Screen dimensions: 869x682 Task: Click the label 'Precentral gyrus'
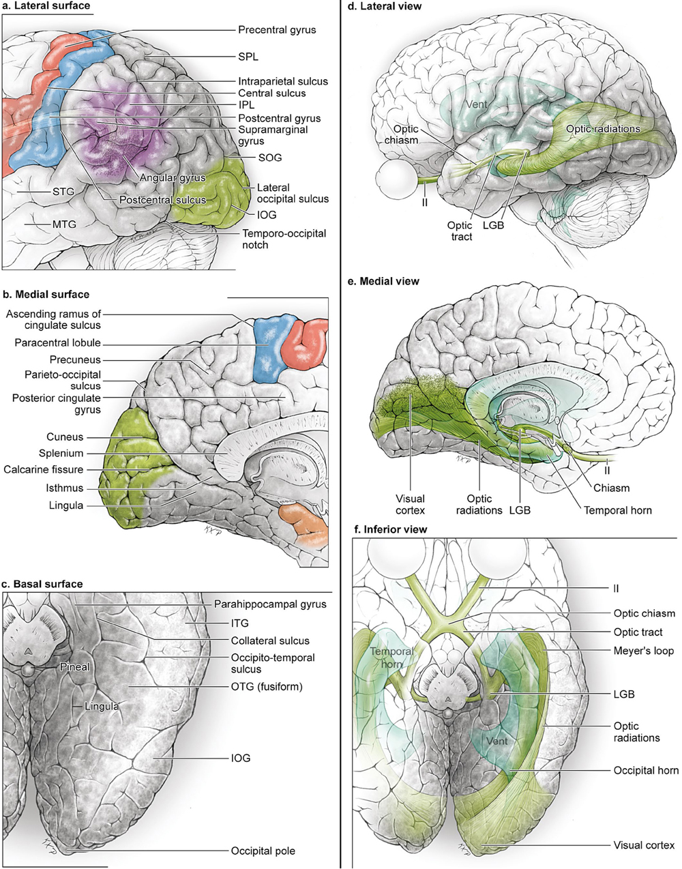(x=277, y=30)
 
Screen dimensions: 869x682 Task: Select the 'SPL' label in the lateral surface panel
(x=248, y=57)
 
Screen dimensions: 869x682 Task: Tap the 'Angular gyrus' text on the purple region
(x=173, y=178)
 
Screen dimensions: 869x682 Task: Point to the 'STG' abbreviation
(x=63, y=192)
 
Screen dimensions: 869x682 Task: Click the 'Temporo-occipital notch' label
(x=284, y=239)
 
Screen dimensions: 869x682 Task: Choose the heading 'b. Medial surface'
(x=46, y=295)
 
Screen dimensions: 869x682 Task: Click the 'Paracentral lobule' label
(x=57, y=343)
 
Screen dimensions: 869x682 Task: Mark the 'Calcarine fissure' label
(x=43, y=469)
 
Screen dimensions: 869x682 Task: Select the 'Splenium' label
(x=61, y=453)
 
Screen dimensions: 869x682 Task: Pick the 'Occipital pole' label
(x=263, y=851)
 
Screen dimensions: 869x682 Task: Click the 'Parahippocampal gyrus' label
(x=270, y=604)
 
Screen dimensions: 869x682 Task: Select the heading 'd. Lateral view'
(x=385, y=6)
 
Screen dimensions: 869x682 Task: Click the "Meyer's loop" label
(x=644, y=651)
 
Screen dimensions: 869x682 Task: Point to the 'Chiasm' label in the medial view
(x=611, y=488)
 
